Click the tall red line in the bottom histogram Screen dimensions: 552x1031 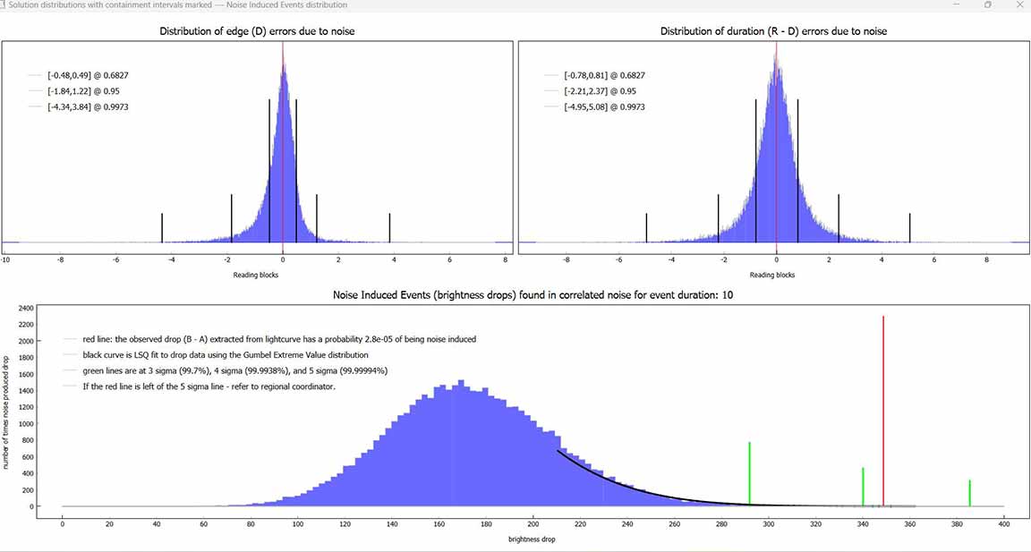click(x=883, y=412)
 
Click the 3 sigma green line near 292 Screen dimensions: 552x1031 click(x=749, y=474)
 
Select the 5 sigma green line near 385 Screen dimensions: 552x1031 click(x=969, y=493)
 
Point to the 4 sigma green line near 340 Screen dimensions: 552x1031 click(x=863, y=487)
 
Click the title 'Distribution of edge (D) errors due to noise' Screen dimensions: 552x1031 click(x=257, y=31)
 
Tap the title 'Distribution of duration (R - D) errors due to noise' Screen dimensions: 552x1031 click(x=773, y=31)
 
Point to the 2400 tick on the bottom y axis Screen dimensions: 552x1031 click(x=25, y=308)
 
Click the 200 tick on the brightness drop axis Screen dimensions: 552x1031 click(x=533, y=524)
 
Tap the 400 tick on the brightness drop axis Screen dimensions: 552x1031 click(x=1003, y=524)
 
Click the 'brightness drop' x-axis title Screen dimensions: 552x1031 click(x=533, y=539)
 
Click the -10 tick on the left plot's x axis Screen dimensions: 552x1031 click(x=5, y=260)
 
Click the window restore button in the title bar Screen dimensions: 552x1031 click(x=988, y=5)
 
